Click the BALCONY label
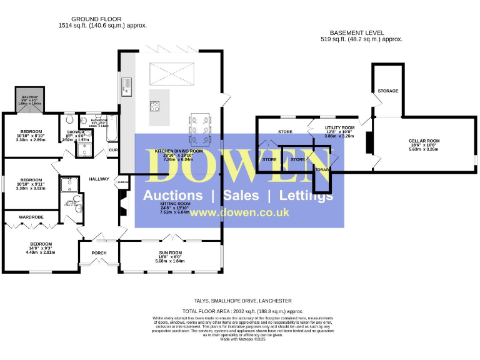coord(30,97)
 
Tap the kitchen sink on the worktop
coord(127,86)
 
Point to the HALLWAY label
coord(99,179)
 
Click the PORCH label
coord(99,253)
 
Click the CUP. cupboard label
coord(113,150)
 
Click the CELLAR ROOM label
coord(424,141)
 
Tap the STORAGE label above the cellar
coord(387,91)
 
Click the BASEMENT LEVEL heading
coord(357,32)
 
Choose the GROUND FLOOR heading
coord(96,20)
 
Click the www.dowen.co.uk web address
coord(239,212)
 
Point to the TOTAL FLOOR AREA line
coord(242,311)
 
